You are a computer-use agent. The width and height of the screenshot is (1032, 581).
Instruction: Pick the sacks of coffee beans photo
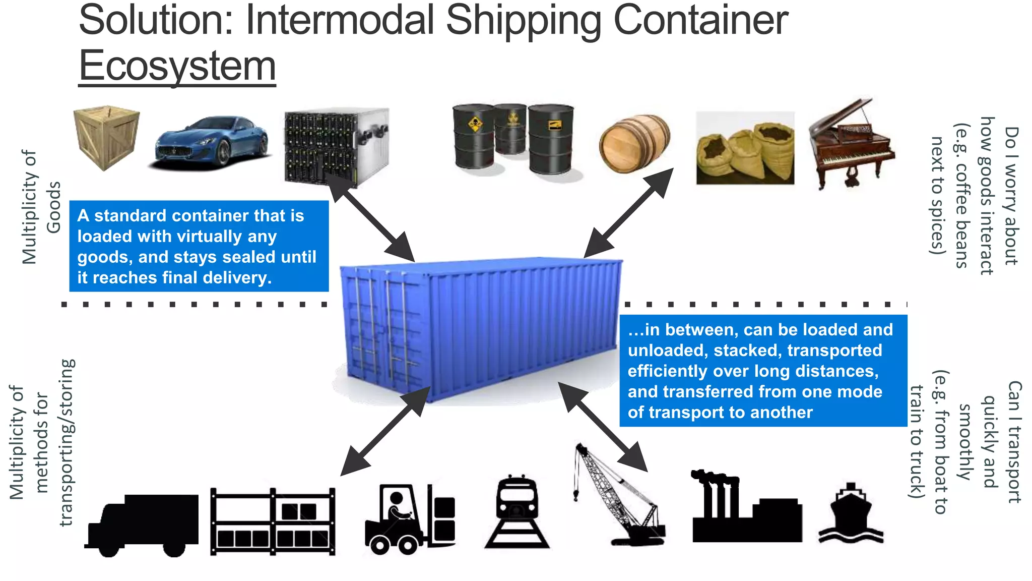pos(745,148)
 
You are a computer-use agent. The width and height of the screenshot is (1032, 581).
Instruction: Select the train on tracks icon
pos(517,511)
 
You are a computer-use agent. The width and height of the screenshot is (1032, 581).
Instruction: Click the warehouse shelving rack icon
pos(273,521)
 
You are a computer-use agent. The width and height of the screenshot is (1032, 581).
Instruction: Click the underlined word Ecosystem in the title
pos(177,66)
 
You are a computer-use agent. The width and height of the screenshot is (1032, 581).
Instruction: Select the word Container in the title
pos(700,20)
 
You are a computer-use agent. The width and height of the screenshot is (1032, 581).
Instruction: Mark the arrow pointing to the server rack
pos(371,217)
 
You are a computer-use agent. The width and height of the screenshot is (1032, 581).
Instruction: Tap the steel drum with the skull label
pos(474,136)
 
